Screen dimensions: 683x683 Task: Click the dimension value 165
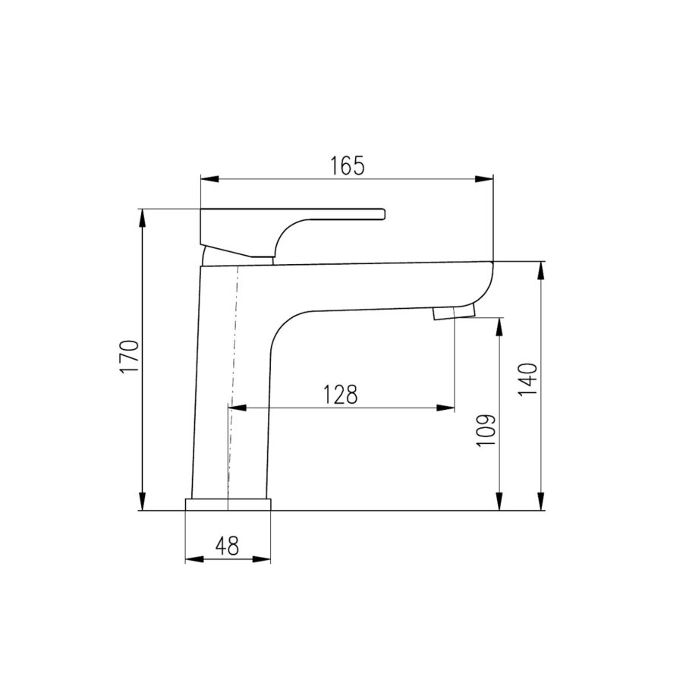pos(347,165)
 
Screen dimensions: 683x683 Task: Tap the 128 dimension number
pos(340,394)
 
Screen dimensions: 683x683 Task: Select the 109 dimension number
pos(486,430)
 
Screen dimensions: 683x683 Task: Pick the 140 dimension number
pos(528,379)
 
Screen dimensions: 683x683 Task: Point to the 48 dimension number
pos(228,546)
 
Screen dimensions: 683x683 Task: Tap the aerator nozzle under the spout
pos(453,312)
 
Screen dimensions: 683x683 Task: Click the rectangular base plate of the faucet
pos(228,505)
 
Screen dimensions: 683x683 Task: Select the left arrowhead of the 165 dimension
pos(209,178)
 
